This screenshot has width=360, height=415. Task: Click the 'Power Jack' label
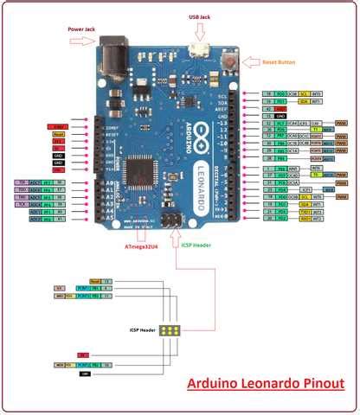pos(86,29)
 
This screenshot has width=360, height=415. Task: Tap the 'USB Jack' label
pos(201,16)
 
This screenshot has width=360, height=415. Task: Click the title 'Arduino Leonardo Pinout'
pos(266,384)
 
